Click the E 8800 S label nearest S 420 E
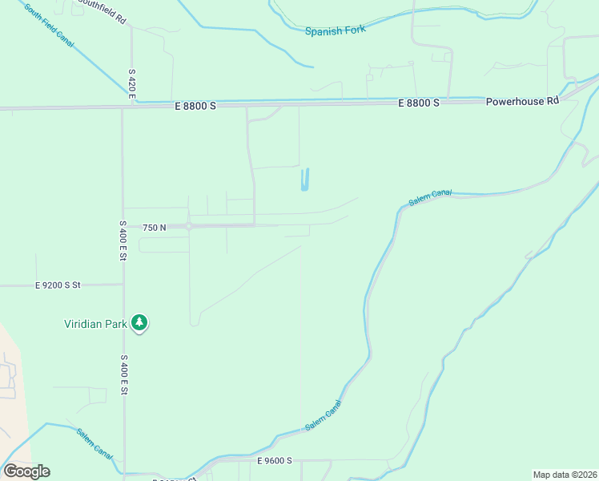tap(194, 104)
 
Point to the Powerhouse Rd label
tap(522, 102)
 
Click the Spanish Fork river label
tap(335, 30)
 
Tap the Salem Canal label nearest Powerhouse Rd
tap(430, 197)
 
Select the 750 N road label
tap(154, 228)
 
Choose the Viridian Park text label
tap(96, 324)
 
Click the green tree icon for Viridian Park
tap(140, 323)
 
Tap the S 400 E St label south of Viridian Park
tap(124, 374)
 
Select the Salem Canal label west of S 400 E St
tap(94, 443)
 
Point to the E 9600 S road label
tap(275, 461)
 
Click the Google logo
tap(26, 471)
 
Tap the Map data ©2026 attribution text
tap(565, 475)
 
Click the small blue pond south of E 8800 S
tap(304, 180)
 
